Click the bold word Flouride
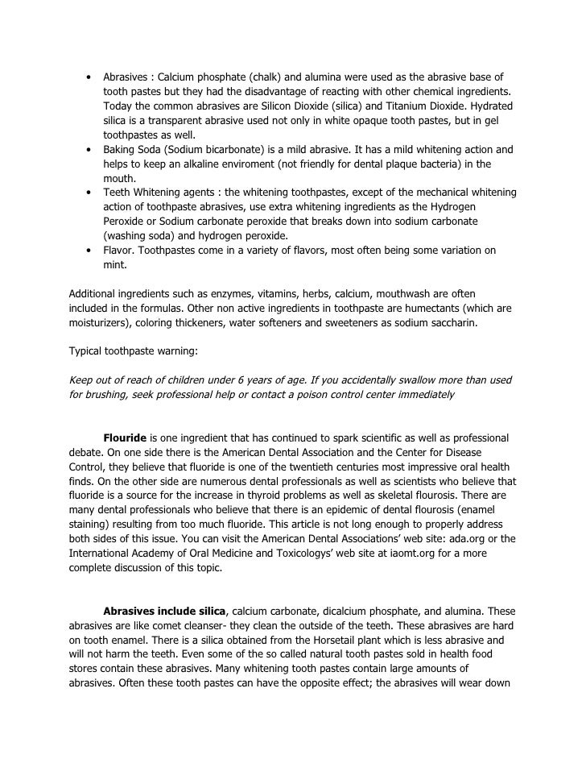pos(125,438)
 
